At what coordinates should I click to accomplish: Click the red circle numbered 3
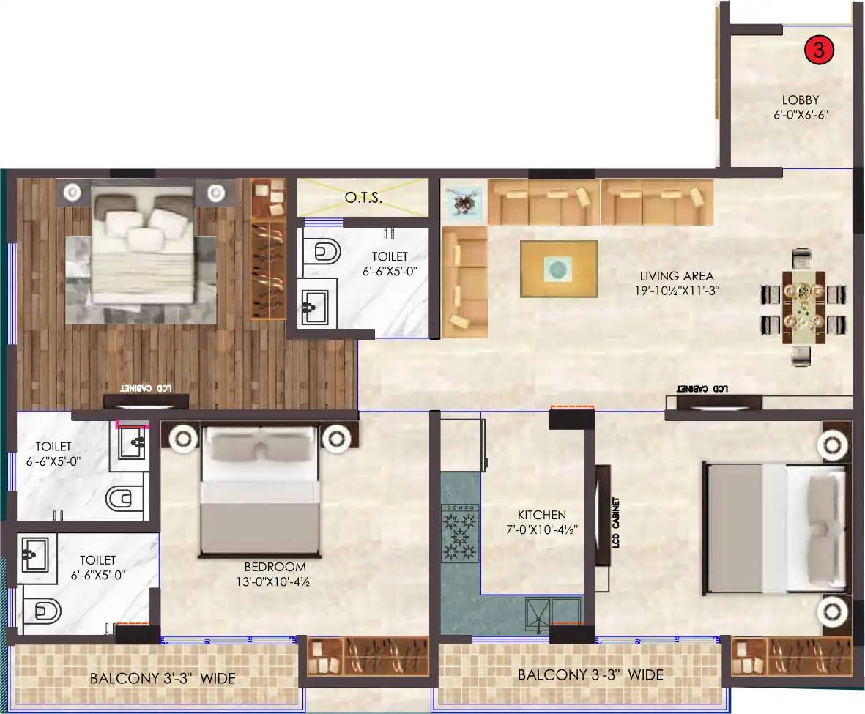pyautogui.click(x=819, y=51)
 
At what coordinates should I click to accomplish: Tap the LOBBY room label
pyautogui.click(x=800, y=100)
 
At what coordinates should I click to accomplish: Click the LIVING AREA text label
pyautogui.click(x=676, y=276)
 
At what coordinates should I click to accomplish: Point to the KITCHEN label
pyautogui.click(x=542, y=516)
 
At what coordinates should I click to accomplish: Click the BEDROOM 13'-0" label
pyautogui.click(x=275, y=567)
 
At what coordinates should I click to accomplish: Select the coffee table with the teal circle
pyautogui.click(x=558, y=269)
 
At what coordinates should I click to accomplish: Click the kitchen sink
pyautogui.click(x=554, y=611)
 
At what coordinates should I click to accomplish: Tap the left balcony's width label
pyautogui.click(x=163, y=679)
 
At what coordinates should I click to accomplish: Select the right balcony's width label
pyautogui.click(x=590, y=674)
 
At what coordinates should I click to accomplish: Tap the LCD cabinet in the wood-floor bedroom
pyautogui.click(x=146, y=401)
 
